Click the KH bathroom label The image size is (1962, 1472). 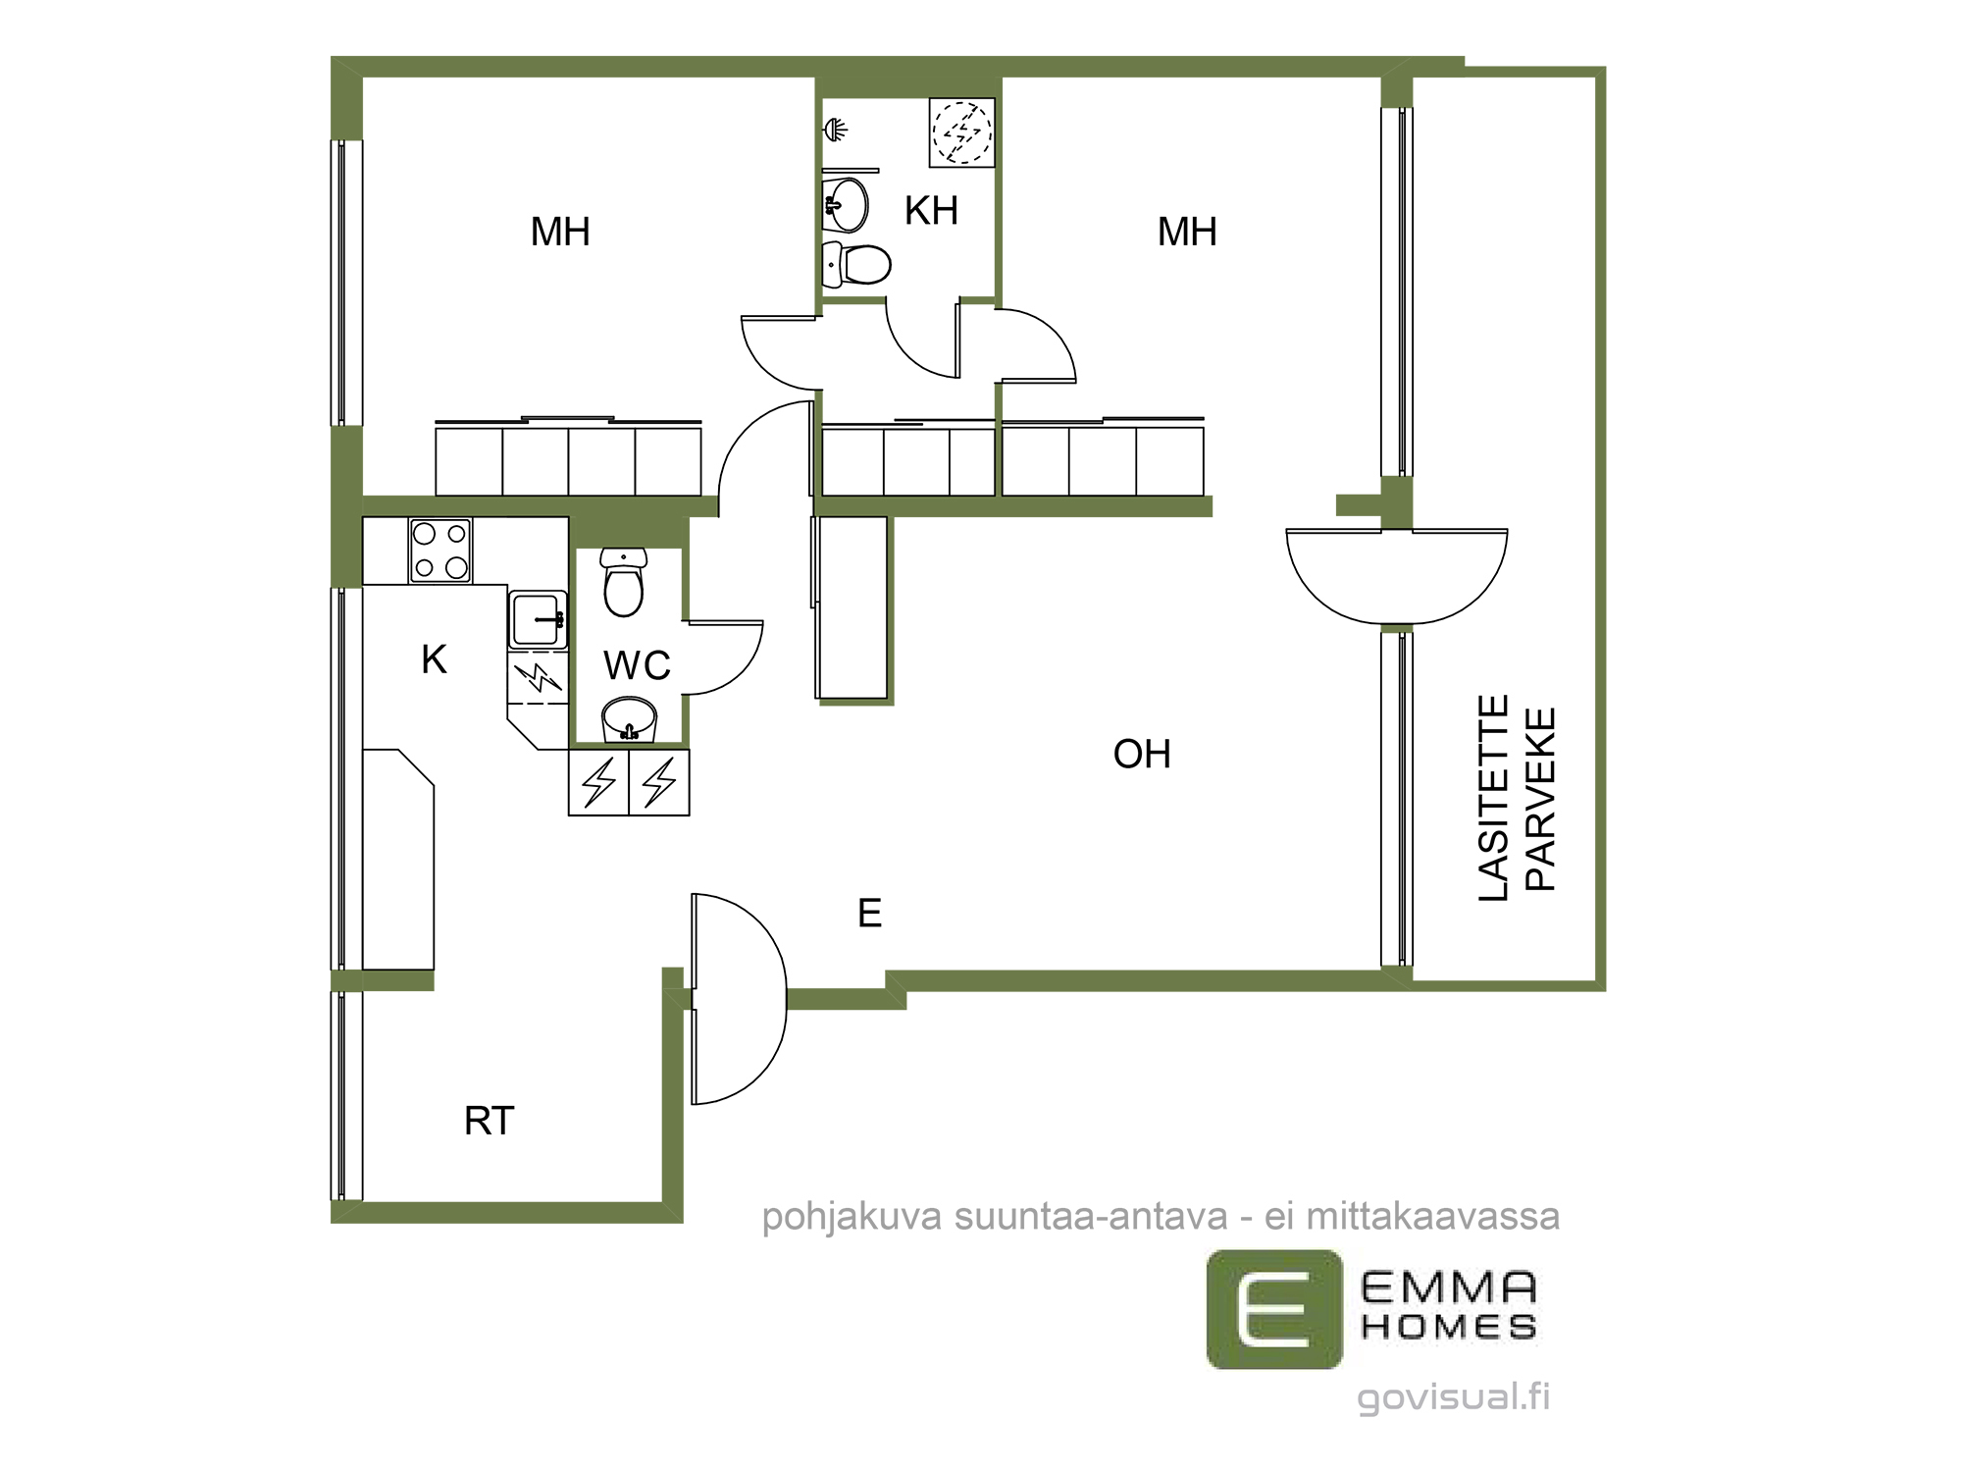click(x=931, y=211)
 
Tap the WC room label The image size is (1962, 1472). click(x=637, y=665)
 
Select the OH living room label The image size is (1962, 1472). click(x=1142, y=754)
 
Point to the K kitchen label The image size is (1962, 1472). click(x=434, y=659)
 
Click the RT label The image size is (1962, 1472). click(x=489, y=1121)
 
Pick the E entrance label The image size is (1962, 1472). click(x=869, y=914)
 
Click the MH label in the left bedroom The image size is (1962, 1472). click(x=560, y=233)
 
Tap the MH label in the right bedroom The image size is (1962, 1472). click(x=1187, y=233)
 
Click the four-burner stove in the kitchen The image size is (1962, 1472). click(x=440, y=551)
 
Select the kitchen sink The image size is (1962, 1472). click(x=538, y=619)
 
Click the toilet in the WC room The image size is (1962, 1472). click(x=624, y=582)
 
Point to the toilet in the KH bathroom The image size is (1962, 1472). click(x=856, y=264)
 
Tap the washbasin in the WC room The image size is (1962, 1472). click(x=629, y=719)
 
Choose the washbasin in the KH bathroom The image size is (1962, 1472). click(x=845, y=205)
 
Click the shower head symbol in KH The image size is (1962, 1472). click(x=835, y=129)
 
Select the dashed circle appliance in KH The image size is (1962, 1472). click(x=962, y=132)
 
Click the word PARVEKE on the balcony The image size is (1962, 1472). click(x=1541, y=800)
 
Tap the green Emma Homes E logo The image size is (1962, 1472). click(x=1274, y=1309)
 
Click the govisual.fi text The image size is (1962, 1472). click(x=1454, y=1397)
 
